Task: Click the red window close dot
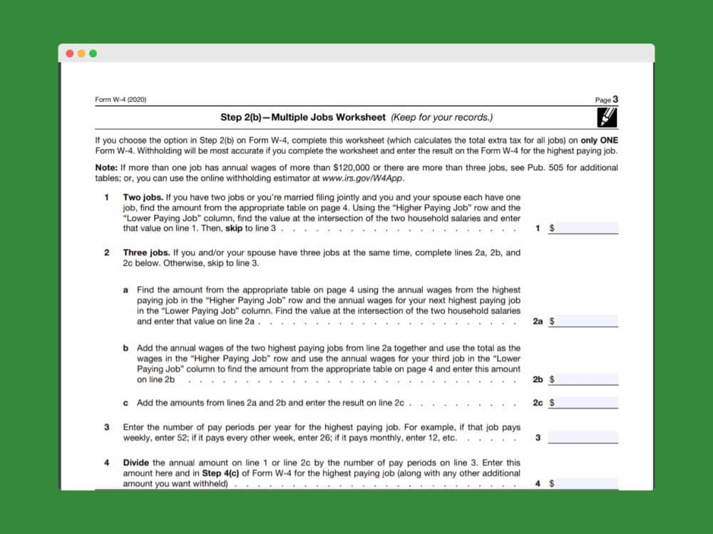(x=70, y=53)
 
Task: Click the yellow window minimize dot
(x=81, y=53)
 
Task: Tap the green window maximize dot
(x=93, y=53)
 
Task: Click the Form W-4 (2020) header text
(x=120, y=100)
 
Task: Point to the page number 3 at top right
(x=615, y=100)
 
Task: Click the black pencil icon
(x=607, y=117)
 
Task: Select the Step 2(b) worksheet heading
(x=356, y=117)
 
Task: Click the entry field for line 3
(x=583, y=437)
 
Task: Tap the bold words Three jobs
(x=146, y=252)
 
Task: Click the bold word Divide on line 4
(x=136, y=463)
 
